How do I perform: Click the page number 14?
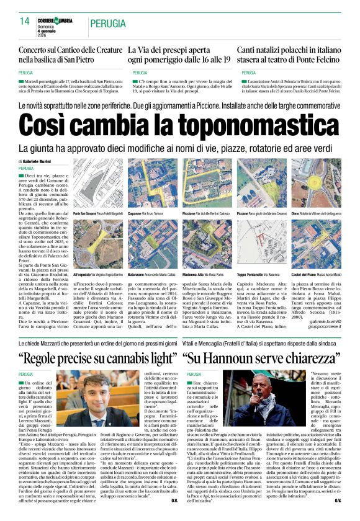(x=25, y=22)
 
